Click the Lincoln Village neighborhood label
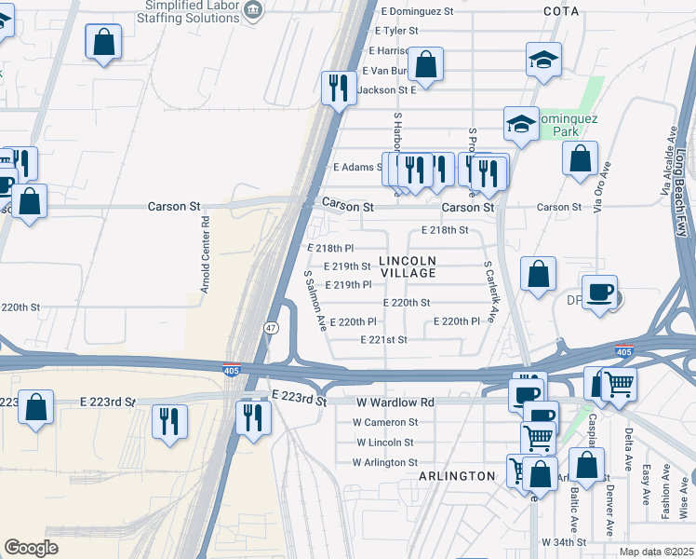(408, 266)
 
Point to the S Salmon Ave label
(315, 301)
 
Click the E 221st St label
(383, 340)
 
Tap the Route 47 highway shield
(270, 328)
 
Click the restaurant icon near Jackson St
(336, 88)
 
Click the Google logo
(31, 548)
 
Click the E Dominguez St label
(417, 12)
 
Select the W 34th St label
(564, 541)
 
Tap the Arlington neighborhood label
(457, 476)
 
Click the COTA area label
(561, 11)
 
